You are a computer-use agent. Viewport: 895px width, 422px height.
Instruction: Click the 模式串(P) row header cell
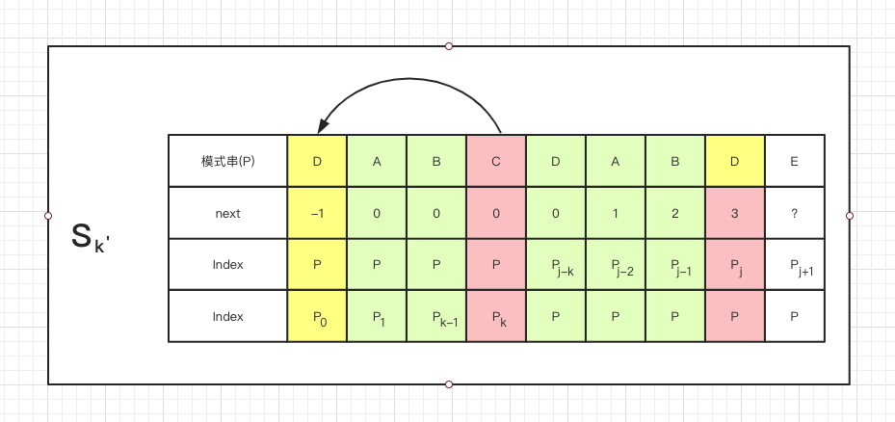227,161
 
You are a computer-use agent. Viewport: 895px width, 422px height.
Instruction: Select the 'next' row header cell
227,213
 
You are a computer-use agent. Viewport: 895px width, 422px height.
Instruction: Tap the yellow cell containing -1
317,213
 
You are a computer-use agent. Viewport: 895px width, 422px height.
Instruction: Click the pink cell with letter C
496,161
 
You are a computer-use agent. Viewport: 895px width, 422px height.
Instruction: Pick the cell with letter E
794,161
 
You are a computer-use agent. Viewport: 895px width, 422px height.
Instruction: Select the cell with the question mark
794,213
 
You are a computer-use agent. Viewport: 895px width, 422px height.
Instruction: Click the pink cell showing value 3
734,213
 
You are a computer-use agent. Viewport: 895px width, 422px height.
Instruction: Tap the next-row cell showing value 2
674,213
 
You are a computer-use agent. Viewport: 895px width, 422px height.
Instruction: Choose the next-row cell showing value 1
615,213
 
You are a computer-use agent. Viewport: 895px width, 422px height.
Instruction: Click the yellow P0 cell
317,316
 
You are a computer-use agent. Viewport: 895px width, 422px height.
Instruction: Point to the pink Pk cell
496,316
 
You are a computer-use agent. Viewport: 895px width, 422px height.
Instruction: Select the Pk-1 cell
436,316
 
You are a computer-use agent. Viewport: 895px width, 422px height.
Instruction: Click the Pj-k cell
555,265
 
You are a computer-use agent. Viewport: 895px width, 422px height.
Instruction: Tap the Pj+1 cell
794,265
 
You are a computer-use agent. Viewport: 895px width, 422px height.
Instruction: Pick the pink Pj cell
734,265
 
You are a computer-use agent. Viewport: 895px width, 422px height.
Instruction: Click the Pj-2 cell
615,265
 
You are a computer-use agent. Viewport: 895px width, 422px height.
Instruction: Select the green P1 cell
377,316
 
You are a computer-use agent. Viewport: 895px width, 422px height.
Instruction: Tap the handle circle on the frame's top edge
449,46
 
